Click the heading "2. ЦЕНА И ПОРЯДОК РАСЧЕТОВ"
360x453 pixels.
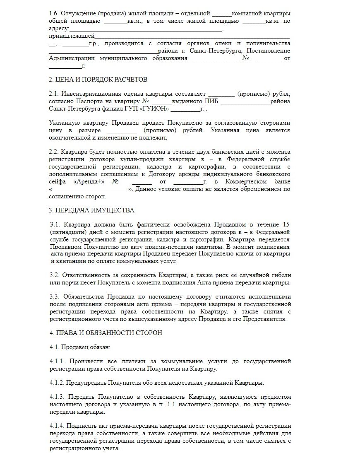click(x=98, y=79)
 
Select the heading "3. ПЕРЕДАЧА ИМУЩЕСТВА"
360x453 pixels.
click(x=91, y=210)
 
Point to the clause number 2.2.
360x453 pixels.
click(x=54, y=152)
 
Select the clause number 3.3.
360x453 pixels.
click(x=54, y=297)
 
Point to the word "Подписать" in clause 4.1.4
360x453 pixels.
click(x=81, y=426)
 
